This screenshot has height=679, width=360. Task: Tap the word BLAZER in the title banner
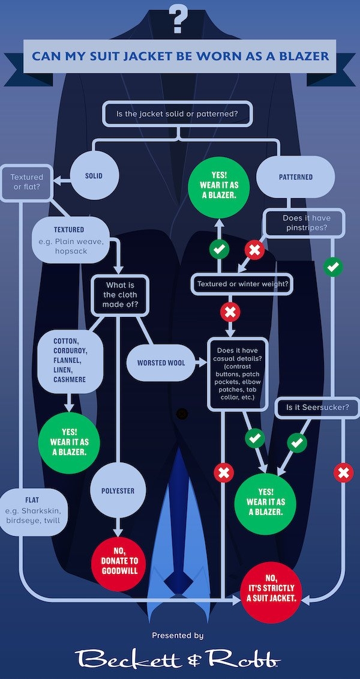coord(300,56)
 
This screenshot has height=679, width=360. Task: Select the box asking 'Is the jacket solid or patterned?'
coord(178,113)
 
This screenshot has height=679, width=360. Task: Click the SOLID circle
coord(94,177)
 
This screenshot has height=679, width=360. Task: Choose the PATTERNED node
coord(295,177)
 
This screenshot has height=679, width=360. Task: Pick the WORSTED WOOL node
coord(161,363)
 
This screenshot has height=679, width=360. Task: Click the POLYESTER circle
coord(118,491)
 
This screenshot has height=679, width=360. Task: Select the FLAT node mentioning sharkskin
coord(33,510)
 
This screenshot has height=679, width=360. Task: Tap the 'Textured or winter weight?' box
coord(242,284)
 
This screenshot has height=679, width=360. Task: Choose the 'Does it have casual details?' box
coord(238,373)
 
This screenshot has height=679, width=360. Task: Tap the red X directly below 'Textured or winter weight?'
coord(230,312)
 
